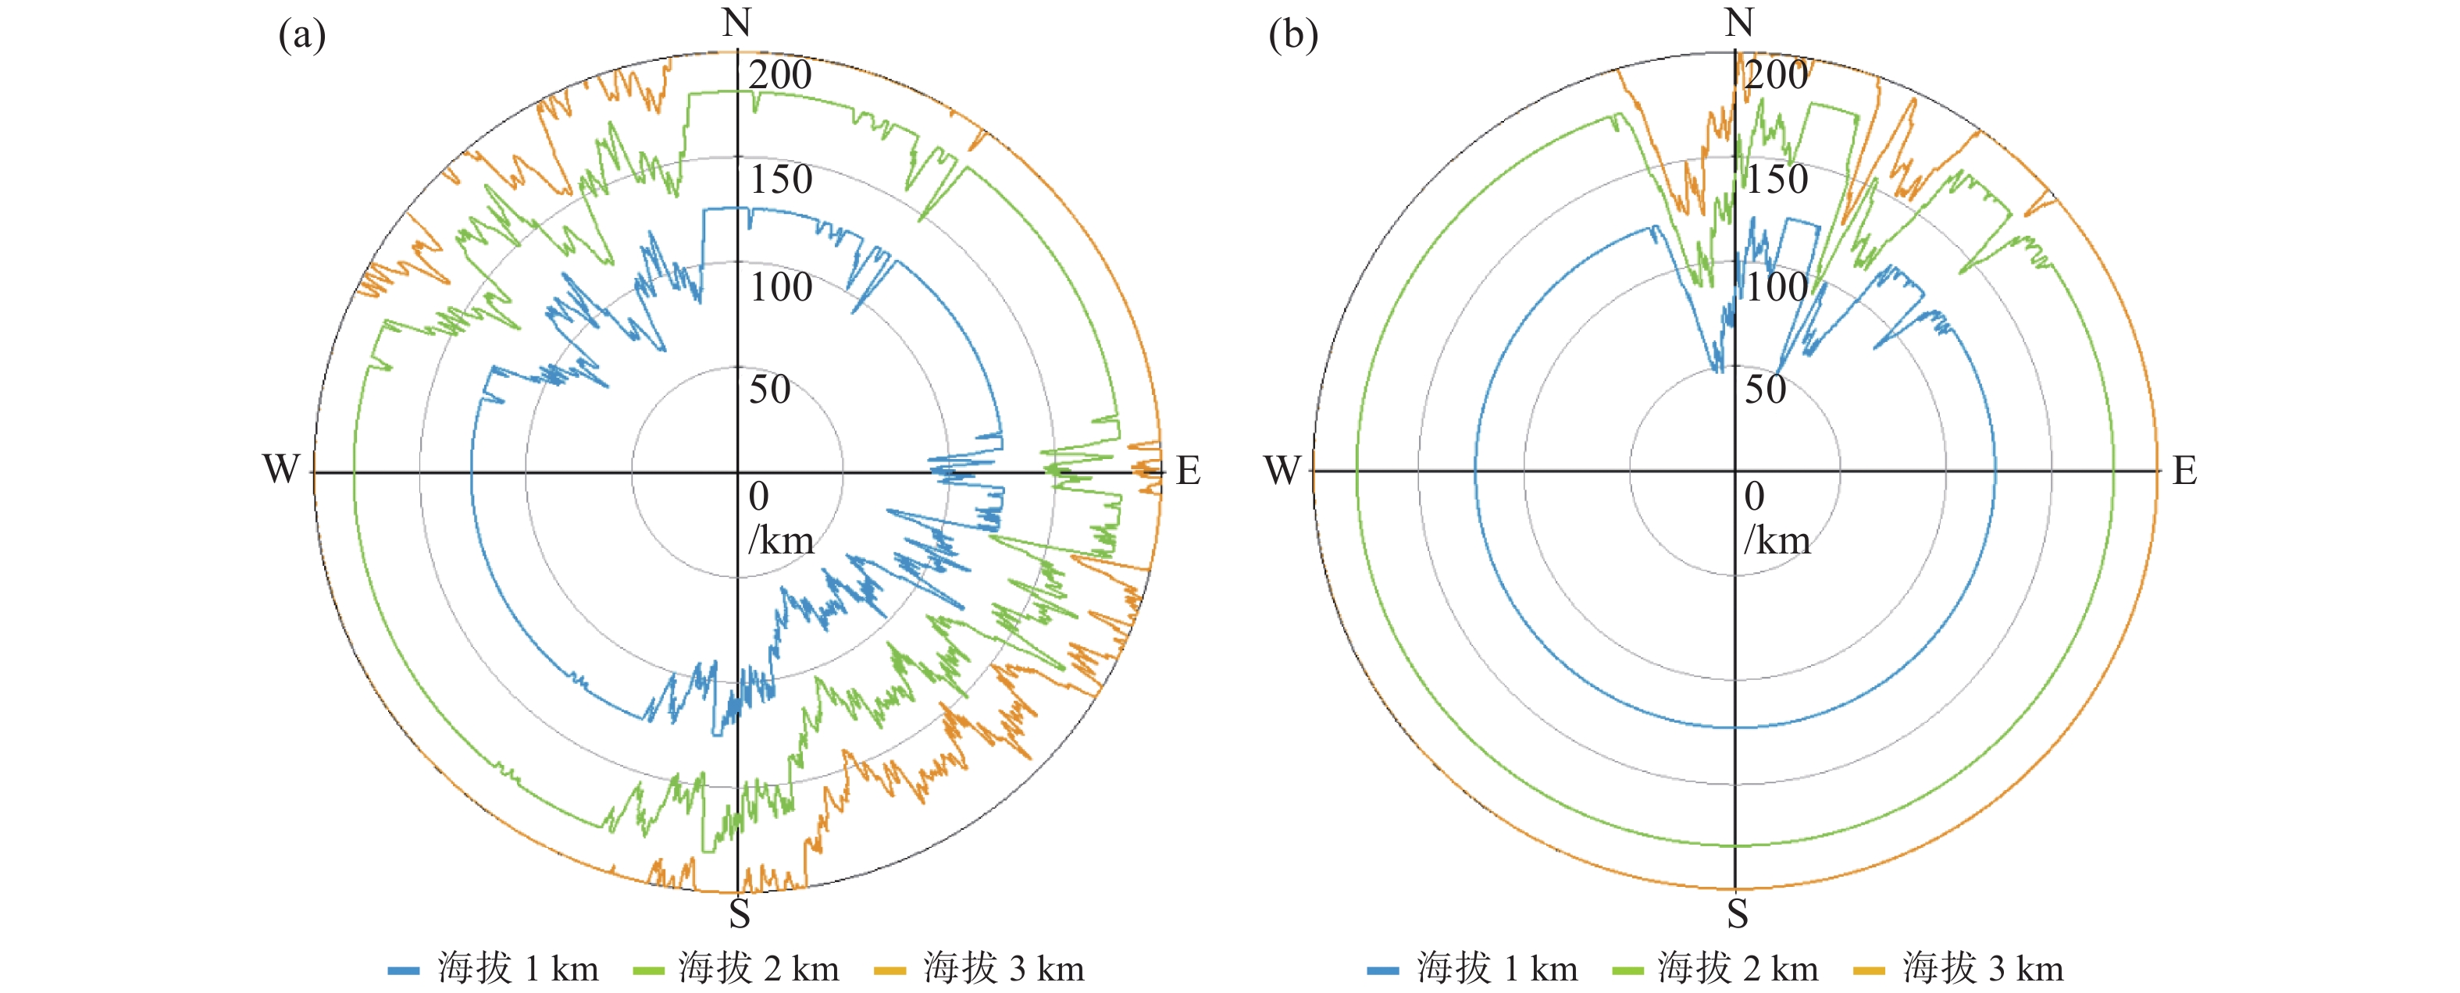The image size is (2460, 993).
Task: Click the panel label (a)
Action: [301, 35]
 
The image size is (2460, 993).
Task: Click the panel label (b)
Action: [1293, 35]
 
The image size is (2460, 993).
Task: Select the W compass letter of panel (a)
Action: [281, 470]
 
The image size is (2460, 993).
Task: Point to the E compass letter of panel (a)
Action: [1188, 471]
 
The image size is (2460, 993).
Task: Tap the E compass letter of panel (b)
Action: [2185, 471]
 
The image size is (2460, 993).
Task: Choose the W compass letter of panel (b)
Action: [1282, 470]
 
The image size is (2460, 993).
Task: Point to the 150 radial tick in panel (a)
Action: [780, 180]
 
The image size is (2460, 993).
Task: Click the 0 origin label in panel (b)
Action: [1754, 496]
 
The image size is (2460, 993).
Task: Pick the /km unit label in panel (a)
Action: [780, 540]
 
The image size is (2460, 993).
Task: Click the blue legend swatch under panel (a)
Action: [403, 970]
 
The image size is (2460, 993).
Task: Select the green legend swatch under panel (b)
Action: [1628, 970]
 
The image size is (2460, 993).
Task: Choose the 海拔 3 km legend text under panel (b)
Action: [1983, 969]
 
